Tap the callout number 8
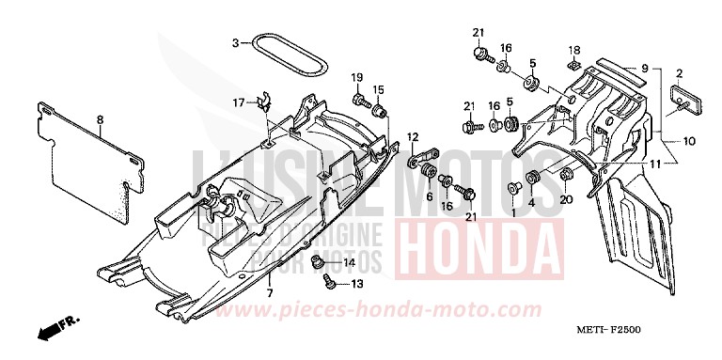[100, 118]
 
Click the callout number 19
[357, 76]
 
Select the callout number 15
[379, 89]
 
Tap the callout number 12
[411, 137]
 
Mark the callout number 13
[357, 283]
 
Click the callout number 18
[573, 49]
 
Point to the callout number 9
[645, 67]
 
